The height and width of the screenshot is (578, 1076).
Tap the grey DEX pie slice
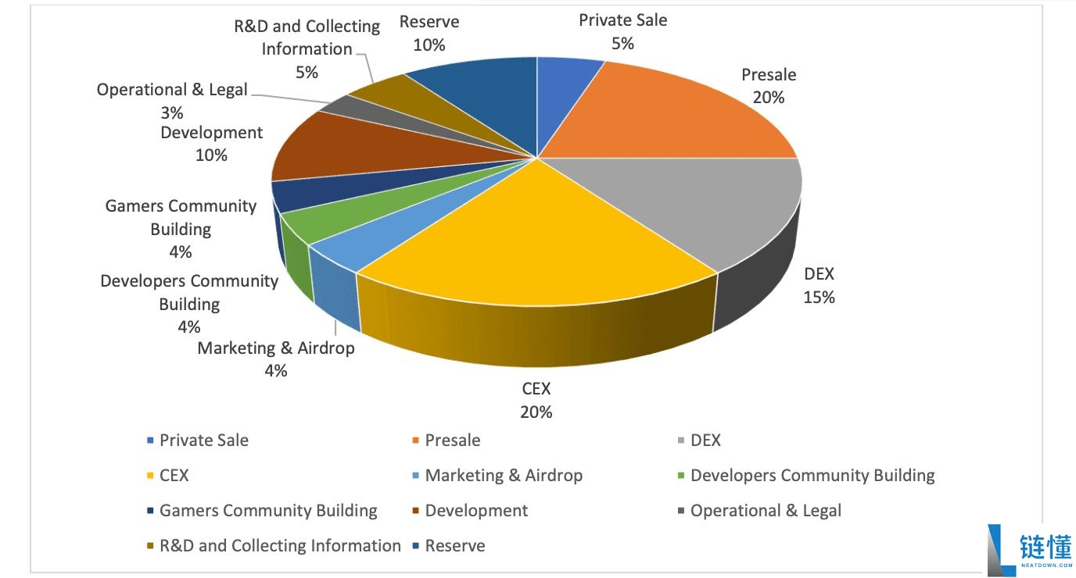(x=704, y=203)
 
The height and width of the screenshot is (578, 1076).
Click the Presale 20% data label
(x=768, y=86)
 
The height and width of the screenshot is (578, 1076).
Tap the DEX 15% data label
(x=819, y=285)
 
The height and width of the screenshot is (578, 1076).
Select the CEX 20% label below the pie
(x=536, y=400)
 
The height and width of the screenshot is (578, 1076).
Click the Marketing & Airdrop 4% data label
(x=275, y=359)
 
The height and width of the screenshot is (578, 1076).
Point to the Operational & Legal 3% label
(x=172, y=101)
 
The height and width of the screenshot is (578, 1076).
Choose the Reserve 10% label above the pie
(x=429, y=33)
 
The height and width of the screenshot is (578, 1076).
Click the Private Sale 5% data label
(x=622, y=31)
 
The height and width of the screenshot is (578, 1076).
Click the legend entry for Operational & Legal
(x=765, y=511)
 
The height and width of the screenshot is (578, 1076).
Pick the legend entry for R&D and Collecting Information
(x=279, y=546)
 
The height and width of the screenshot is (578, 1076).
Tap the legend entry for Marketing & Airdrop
(x=503, y=476)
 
